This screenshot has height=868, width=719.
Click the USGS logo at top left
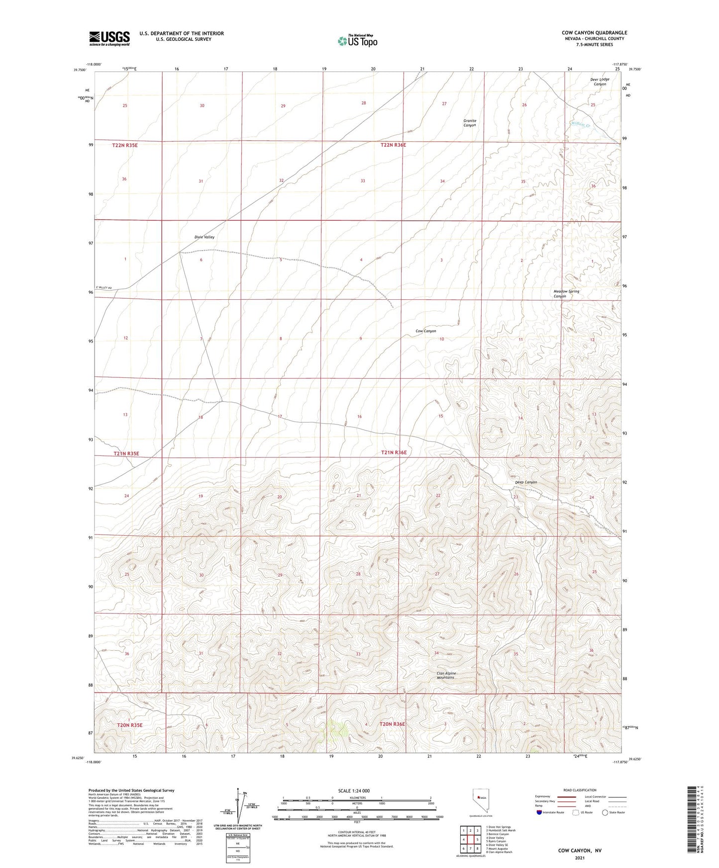click(x=109, y=38)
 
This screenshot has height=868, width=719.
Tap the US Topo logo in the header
click(x=357, y=41)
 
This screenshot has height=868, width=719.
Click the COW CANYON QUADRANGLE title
click(x=594, y=33)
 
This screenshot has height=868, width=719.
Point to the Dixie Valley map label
click(x=204, y=237)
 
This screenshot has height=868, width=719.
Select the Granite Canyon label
click(x=470, y=123)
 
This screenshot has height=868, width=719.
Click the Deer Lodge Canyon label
click(x=600, y=82)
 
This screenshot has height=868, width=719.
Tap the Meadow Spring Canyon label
click(x=566, y=294)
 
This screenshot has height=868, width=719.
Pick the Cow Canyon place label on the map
click(x=425, y=331)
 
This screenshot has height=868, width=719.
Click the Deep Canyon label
click(x=525, y=482)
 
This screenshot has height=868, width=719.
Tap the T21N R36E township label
click(x=394, y=452)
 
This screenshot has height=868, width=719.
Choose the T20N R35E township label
click(x=130, y=725)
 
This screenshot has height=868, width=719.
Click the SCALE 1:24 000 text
click(x=354, y=790)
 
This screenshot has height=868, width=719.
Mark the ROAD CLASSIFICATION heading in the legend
click(x=580, y=790)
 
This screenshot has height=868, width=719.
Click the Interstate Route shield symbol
click(x=540, y=812)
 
